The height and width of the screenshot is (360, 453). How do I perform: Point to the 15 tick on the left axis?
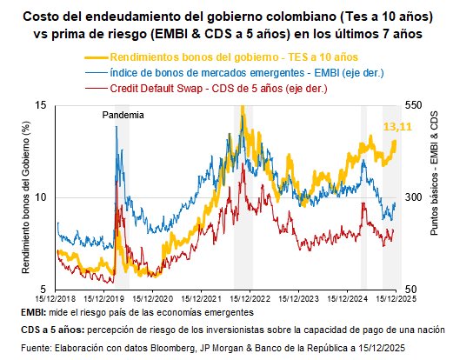click(40, 105)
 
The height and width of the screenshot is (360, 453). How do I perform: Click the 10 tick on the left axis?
click(40, 197)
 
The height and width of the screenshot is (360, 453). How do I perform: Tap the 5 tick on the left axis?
click(43, 289)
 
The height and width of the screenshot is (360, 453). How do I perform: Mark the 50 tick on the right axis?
click(412, 289)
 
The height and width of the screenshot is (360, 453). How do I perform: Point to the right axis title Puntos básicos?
click(434, 197)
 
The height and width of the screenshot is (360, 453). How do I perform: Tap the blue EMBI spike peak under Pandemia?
click(115, 126)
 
